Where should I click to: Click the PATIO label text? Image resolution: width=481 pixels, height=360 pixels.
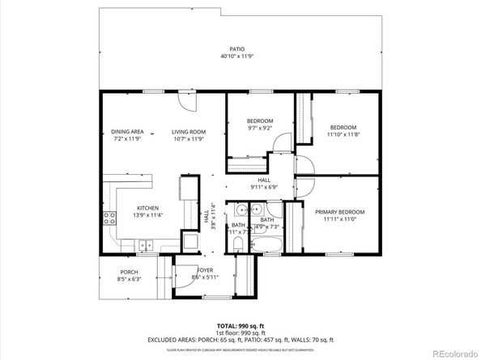236,49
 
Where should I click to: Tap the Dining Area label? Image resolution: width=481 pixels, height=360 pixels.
127,132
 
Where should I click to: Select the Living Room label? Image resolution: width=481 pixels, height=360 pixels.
188,132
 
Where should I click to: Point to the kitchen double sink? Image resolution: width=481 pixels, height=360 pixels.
145,244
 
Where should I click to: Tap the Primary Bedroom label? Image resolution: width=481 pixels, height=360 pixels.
339,212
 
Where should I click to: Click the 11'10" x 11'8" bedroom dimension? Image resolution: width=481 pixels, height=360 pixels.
343,134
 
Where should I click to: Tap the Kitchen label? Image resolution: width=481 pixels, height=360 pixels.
147,208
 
